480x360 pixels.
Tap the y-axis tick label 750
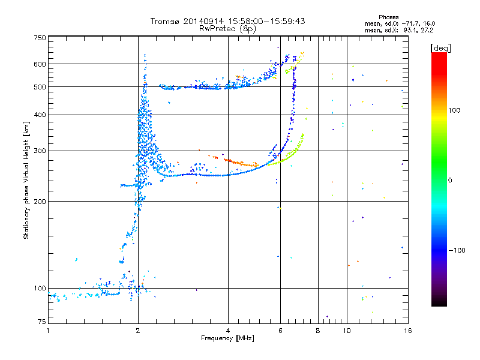(39, 37)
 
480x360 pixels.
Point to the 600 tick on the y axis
(39, 64)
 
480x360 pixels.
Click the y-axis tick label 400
(39, 115)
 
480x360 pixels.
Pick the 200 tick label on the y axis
(39, 201)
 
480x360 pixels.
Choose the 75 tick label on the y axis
(41, 323)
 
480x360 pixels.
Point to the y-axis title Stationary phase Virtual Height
(26, 180)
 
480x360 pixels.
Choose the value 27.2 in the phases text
(425, 29)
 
